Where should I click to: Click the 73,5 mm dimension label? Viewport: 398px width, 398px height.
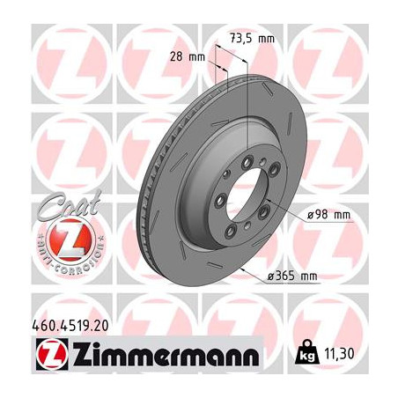(x=252, y=39)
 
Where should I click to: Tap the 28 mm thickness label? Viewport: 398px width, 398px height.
(x=188, y=56)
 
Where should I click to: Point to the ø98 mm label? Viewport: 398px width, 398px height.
(x=329, y=215)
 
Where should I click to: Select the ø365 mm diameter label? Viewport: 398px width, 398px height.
(x=292, y=276)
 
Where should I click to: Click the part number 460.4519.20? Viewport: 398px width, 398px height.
(x=70, y=326)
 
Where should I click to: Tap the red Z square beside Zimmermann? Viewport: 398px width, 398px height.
(x=52, y=355)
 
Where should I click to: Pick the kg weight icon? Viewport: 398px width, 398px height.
(x=307, y=352)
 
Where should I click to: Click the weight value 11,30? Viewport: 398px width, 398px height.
(x=339, y=354)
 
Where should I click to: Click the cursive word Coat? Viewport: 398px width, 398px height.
(x=69, y=203)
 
